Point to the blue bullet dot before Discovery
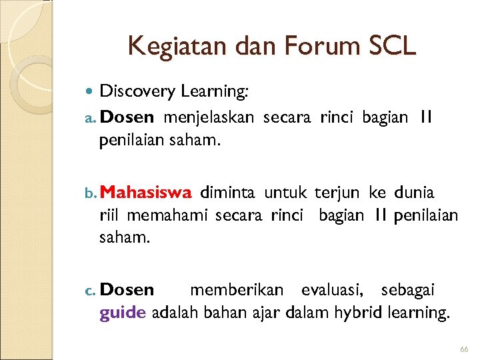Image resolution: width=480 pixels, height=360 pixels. (91, 91)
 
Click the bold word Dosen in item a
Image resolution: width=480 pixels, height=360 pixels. (129, 117)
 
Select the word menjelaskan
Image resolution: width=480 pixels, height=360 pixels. (209, 117)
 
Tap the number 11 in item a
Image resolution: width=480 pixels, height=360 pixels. (427, 117)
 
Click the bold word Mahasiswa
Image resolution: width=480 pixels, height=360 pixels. (147, 193)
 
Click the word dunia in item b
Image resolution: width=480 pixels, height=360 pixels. (414, 193)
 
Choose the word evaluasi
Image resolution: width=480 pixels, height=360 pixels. (333, 290)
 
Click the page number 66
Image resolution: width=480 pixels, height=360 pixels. (464, 350)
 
